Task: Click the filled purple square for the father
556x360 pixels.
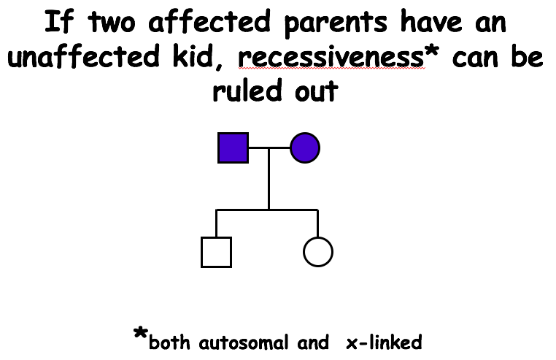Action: tap(233, 148)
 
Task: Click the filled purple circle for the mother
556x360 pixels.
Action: tap(305, 148)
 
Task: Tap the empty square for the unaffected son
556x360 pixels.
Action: tap(216, 252)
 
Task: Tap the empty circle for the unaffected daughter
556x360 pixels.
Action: tap(317, 252)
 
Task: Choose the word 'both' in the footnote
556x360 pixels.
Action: tap(171, 342)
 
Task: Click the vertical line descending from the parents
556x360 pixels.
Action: tap(269, 179)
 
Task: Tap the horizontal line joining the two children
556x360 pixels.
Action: tap(267, 210)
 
